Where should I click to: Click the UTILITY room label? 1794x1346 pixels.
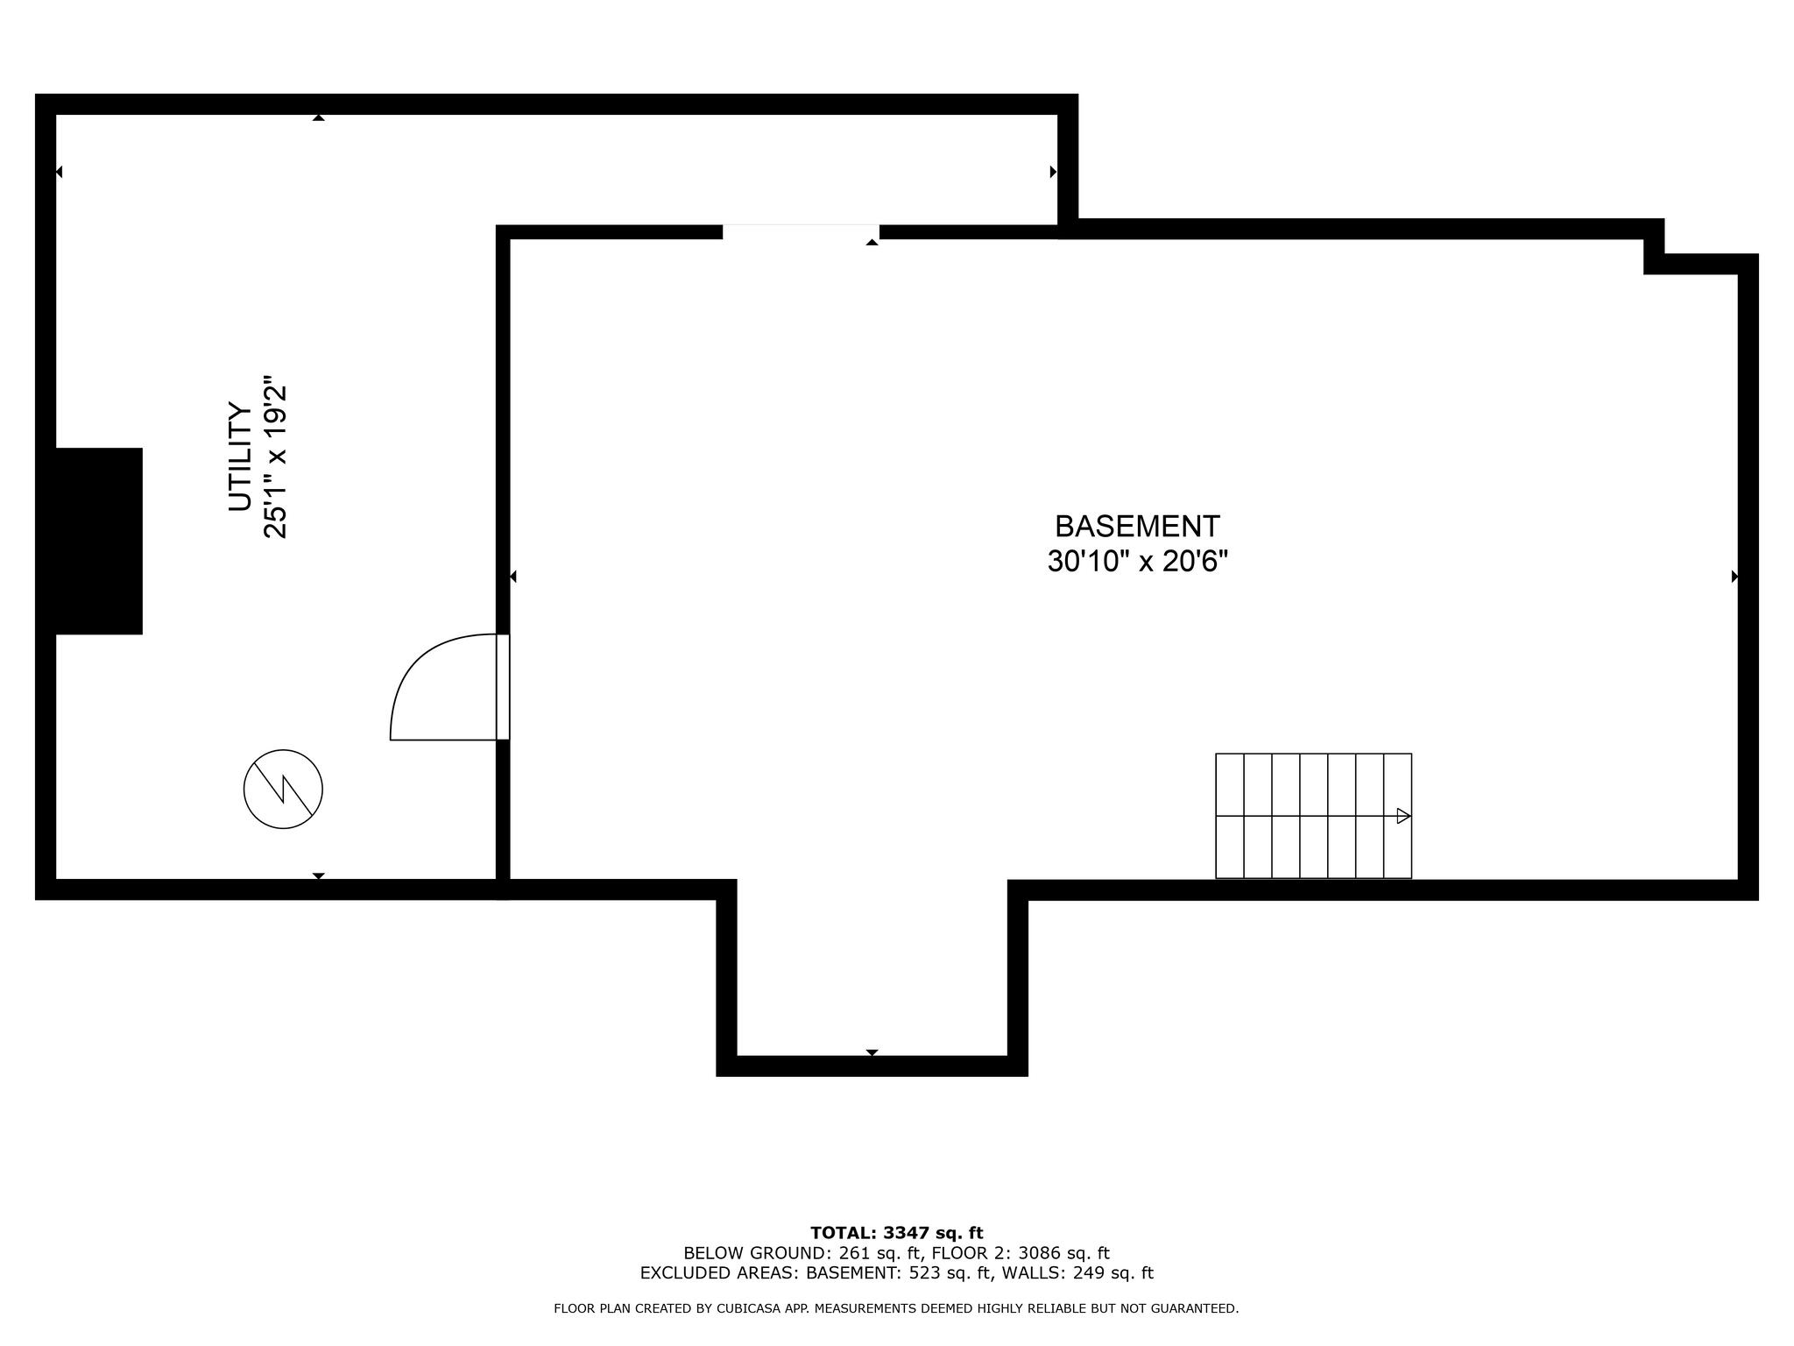(240, 457)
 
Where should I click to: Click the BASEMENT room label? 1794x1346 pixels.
(1136, 527)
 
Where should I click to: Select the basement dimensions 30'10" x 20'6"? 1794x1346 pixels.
(1137, 562)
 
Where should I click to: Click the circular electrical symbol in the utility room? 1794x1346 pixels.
(283, 789)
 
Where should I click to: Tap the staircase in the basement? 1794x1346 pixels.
(1312, 816)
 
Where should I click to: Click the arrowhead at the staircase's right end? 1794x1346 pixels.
(1402, 816)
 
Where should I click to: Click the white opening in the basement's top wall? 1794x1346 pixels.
(800, 231)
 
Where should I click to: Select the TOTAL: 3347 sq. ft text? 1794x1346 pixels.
(896, 1233)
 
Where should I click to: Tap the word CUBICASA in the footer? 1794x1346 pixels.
(750, 1308)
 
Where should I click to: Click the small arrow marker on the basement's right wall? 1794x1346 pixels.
(1734, 577)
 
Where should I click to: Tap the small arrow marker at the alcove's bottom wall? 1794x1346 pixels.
(872, 1052)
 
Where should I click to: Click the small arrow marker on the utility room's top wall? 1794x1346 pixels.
(319, 117)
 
